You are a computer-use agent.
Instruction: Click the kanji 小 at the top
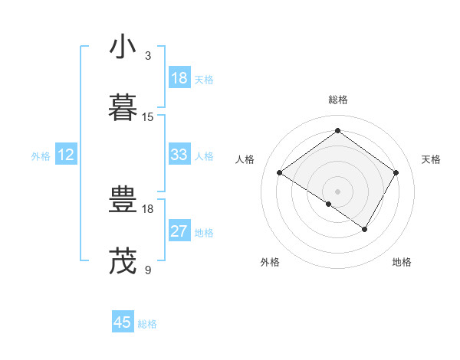pyautogui.click(x=123, y=48)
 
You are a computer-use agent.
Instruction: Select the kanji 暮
pyautogui.click(x=123, y=108)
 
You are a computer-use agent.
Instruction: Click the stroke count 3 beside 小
pyautogui.click(x=148, y=56)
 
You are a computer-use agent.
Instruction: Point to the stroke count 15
pyautogui.click(x=148, y=116)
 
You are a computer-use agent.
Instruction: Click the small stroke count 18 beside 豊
pyautogui.click(x=148, y=208)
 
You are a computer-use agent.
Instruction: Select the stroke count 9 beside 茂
pyautogui.click(x=148, y=269)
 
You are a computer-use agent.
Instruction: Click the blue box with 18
pyautogui.click(x=179, y=78)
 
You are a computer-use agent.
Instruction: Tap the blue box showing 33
pyautogui.click(x=179, y=155)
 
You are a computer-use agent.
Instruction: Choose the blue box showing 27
pyautogui.click(x=179, y=231)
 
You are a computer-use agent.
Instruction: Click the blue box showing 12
pyautogui.click(x=66, y=155)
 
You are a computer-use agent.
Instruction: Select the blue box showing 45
pyautogui.click(x=123, y=322)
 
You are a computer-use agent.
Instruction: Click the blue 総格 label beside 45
pyautogui.click(x=147, y=324)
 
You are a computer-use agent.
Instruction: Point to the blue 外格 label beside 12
pyautogui.click(x=41, y=156)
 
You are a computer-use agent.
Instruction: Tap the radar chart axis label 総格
pyautogui.click(x=337, y=100)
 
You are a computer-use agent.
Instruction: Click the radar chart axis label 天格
pyautogui.click(x=431, y=159)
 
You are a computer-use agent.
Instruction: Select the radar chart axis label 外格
pyautogui.click(x=270, y=263)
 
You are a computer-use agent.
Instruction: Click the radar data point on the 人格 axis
pyautogui.click(x=280, y=173)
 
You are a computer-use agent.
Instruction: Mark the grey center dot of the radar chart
pyautogui.click(x=337, y=191)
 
